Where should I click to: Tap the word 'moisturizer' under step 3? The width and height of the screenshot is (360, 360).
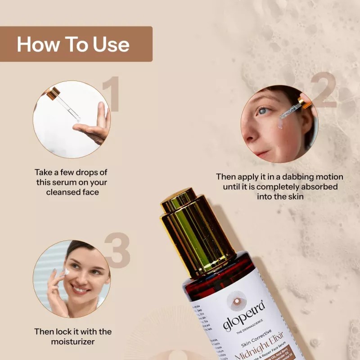(73, 342)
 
